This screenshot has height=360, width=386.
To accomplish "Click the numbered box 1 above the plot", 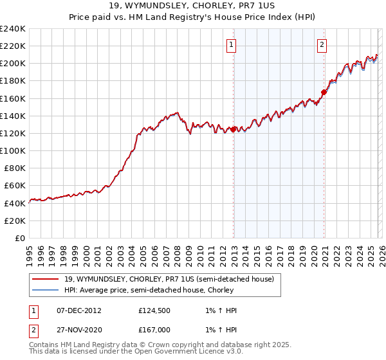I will [230, 44].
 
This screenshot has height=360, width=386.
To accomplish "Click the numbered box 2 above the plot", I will [321, 44].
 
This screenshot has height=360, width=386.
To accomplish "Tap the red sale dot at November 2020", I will [324, 92].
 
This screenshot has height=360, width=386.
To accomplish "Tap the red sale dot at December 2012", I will [234, 129].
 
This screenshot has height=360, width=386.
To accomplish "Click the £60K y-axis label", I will [15, 185].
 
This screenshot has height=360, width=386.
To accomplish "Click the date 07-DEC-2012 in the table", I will [79, 310].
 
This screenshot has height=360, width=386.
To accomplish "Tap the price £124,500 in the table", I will [153, 310].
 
